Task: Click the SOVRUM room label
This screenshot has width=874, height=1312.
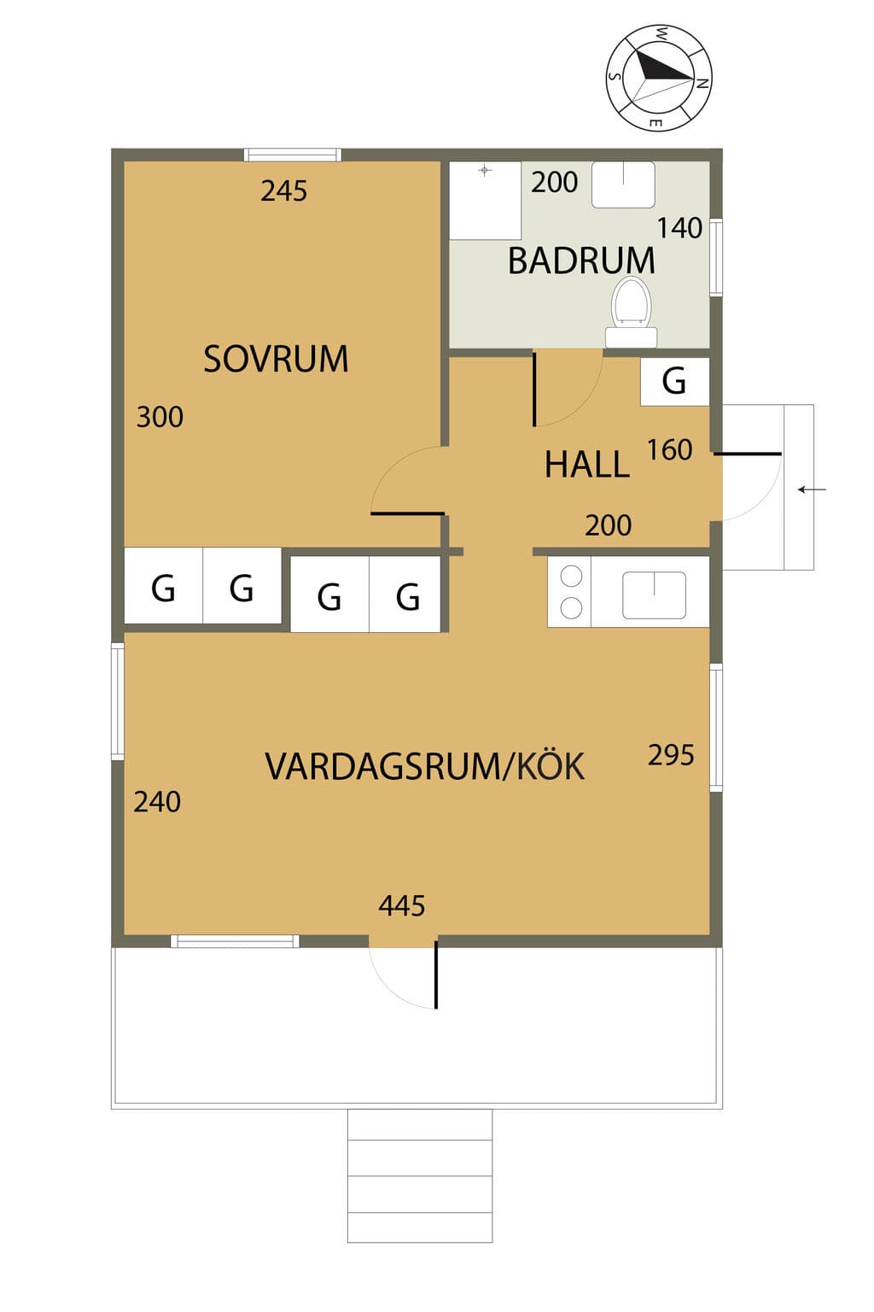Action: tap(276, 359)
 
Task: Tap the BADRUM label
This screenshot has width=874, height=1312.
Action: tap(581, 261)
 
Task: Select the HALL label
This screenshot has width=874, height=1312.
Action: tap(587, 465)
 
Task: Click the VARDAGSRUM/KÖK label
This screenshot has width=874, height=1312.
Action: tap(425, 766)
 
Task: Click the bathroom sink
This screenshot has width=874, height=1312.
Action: tap(623, 184)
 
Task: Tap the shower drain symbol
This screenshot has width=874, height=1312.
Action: tap(485, 171)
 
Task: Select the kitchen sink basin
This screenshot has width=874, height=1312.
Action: tap(654, 595)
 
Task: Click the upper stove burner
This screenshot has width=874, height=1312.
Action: tap(571, 576)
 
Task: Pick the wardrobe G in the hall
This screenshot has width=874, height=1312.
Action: tap(674, 381)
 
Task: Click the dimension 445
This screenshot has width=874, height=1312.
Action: tap(402, 905)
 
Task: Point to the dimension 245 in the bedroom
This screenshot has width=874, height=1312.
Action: tap(284, 191)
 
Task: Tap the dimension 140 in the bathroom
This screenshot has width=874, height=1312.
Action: tap(679, 228)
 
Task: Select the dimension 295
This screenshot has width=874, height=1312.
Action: tap(671, 755)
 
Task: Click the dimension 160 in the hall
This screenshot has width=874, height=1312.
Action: tap(670, 450)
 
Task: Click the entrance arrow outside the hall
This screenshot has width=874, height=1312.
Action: tap(812, 489)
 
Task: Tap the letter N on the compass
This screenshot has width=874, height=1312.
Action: tap(701, 83)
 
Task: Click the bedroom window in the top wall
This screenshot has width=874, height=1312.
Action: tap(293, 155)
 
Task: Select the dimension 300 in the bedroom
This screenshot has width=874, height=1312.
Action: tap(160, 417)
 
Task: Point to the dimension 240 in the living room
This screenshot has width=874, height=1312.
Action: tap(157, 802)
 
